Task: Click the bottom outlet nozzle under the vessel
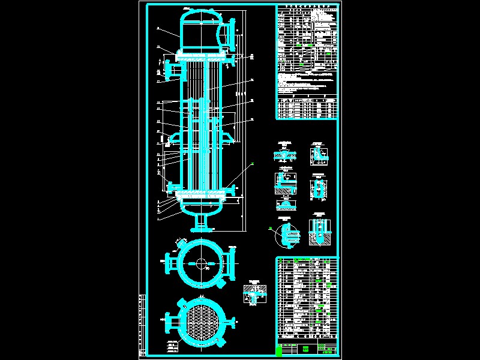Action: coord(201,223)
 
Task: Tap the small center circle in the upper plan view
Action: coord(200,263)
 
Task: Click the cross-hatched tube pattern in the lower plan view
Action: coord(200,322)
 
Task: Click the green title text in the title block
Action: coord(305,349)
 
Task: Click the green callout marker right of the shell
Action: coord(253,163)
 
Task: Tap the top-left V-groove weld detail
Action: coord(283,155)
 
